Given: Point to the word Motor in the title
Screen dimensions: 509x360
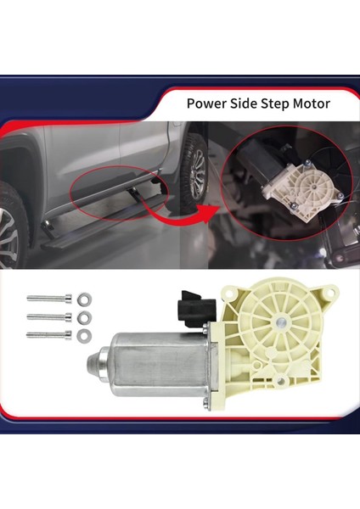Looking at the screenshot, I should [318, 105].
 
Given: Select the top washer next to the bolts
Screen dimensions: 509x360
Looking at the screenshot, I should [83, 299].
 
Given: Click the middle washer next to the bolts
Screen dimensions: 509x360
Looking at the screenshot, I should [83, 318].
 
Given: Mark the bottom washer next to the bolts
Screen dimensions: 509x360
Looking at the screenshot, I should [83, 336].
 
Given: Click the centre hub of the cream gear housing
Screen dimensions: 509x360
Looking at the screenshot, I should [279, 323].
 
